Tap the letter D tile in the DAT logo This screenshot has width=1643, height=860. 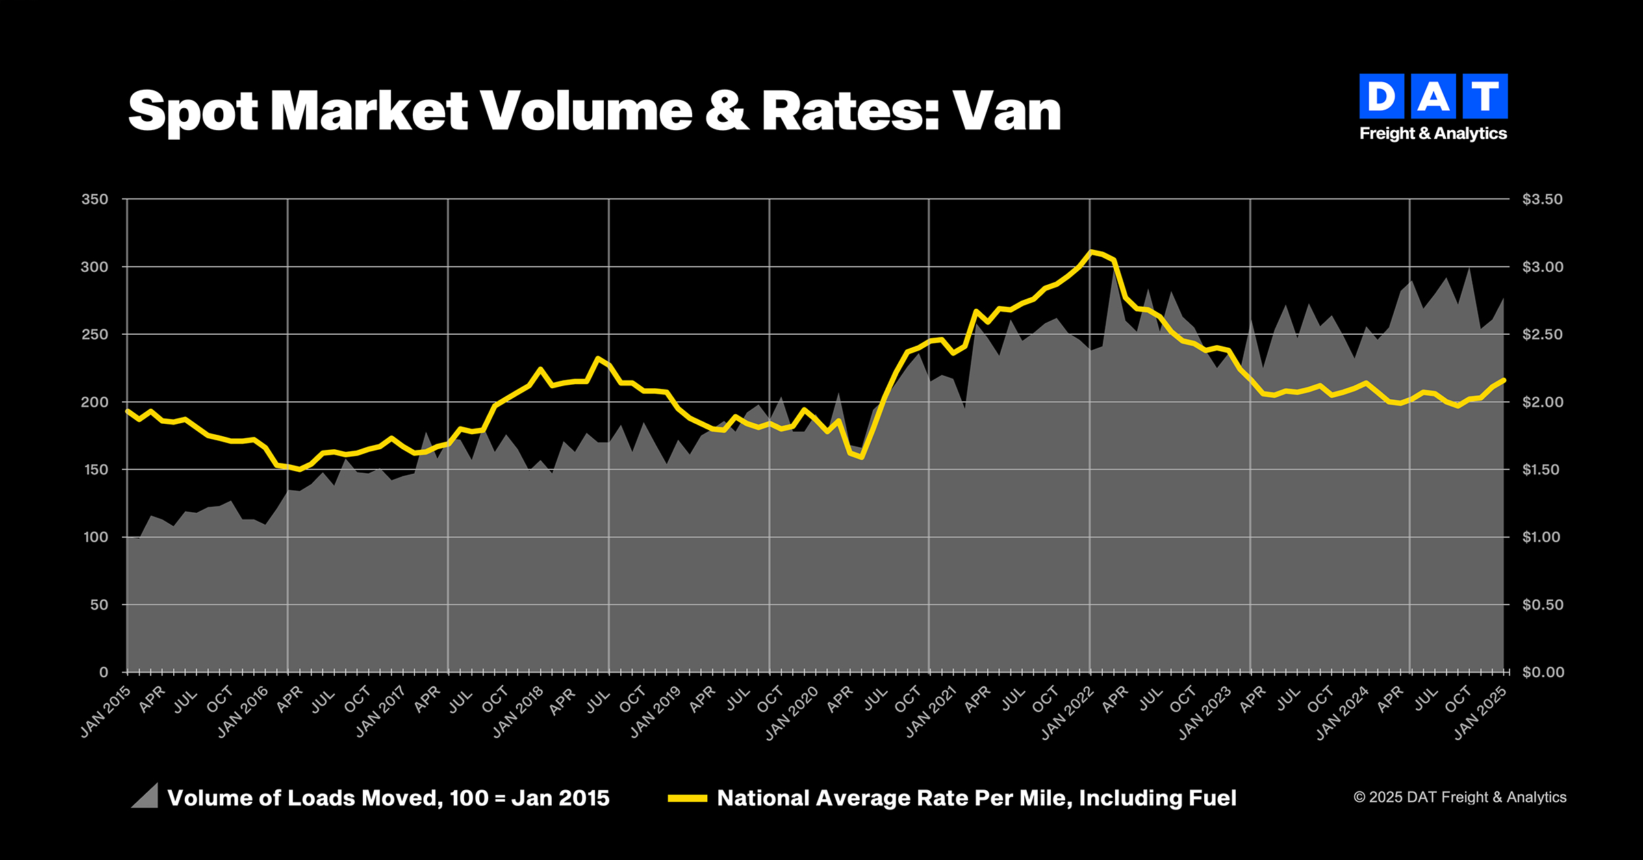click(1381, 97)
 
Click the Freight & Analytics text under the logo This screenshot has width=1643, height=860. click(1433, 134)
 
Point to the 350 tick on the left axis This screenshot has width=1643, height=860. click(94, 199)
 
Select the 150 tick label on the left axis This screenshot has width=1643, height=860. click(94, 470)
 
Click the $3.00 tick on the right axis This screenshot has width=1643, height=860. click(1542, 267)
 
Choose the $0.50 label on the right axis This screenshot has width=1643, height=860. click(1542, 605)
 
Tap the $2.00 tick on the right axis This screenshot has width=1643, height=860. click(1542, 402)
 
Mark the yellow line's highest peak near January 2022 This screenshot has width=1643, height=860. click(1091, 251)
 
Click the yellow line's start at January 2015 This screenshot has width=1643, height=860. click(127, 410)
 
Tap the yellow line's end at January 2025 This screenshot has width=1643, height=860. click(1503, 379)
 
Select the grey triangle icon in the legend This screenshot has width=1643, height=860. click(145, 796)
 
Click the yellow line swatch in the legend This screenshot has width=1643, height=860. click(687, 798)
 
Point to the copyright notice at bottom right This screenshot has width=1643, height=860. click(1460, 797)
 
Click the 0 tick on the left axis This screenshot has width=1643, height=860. click(103, 672)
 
